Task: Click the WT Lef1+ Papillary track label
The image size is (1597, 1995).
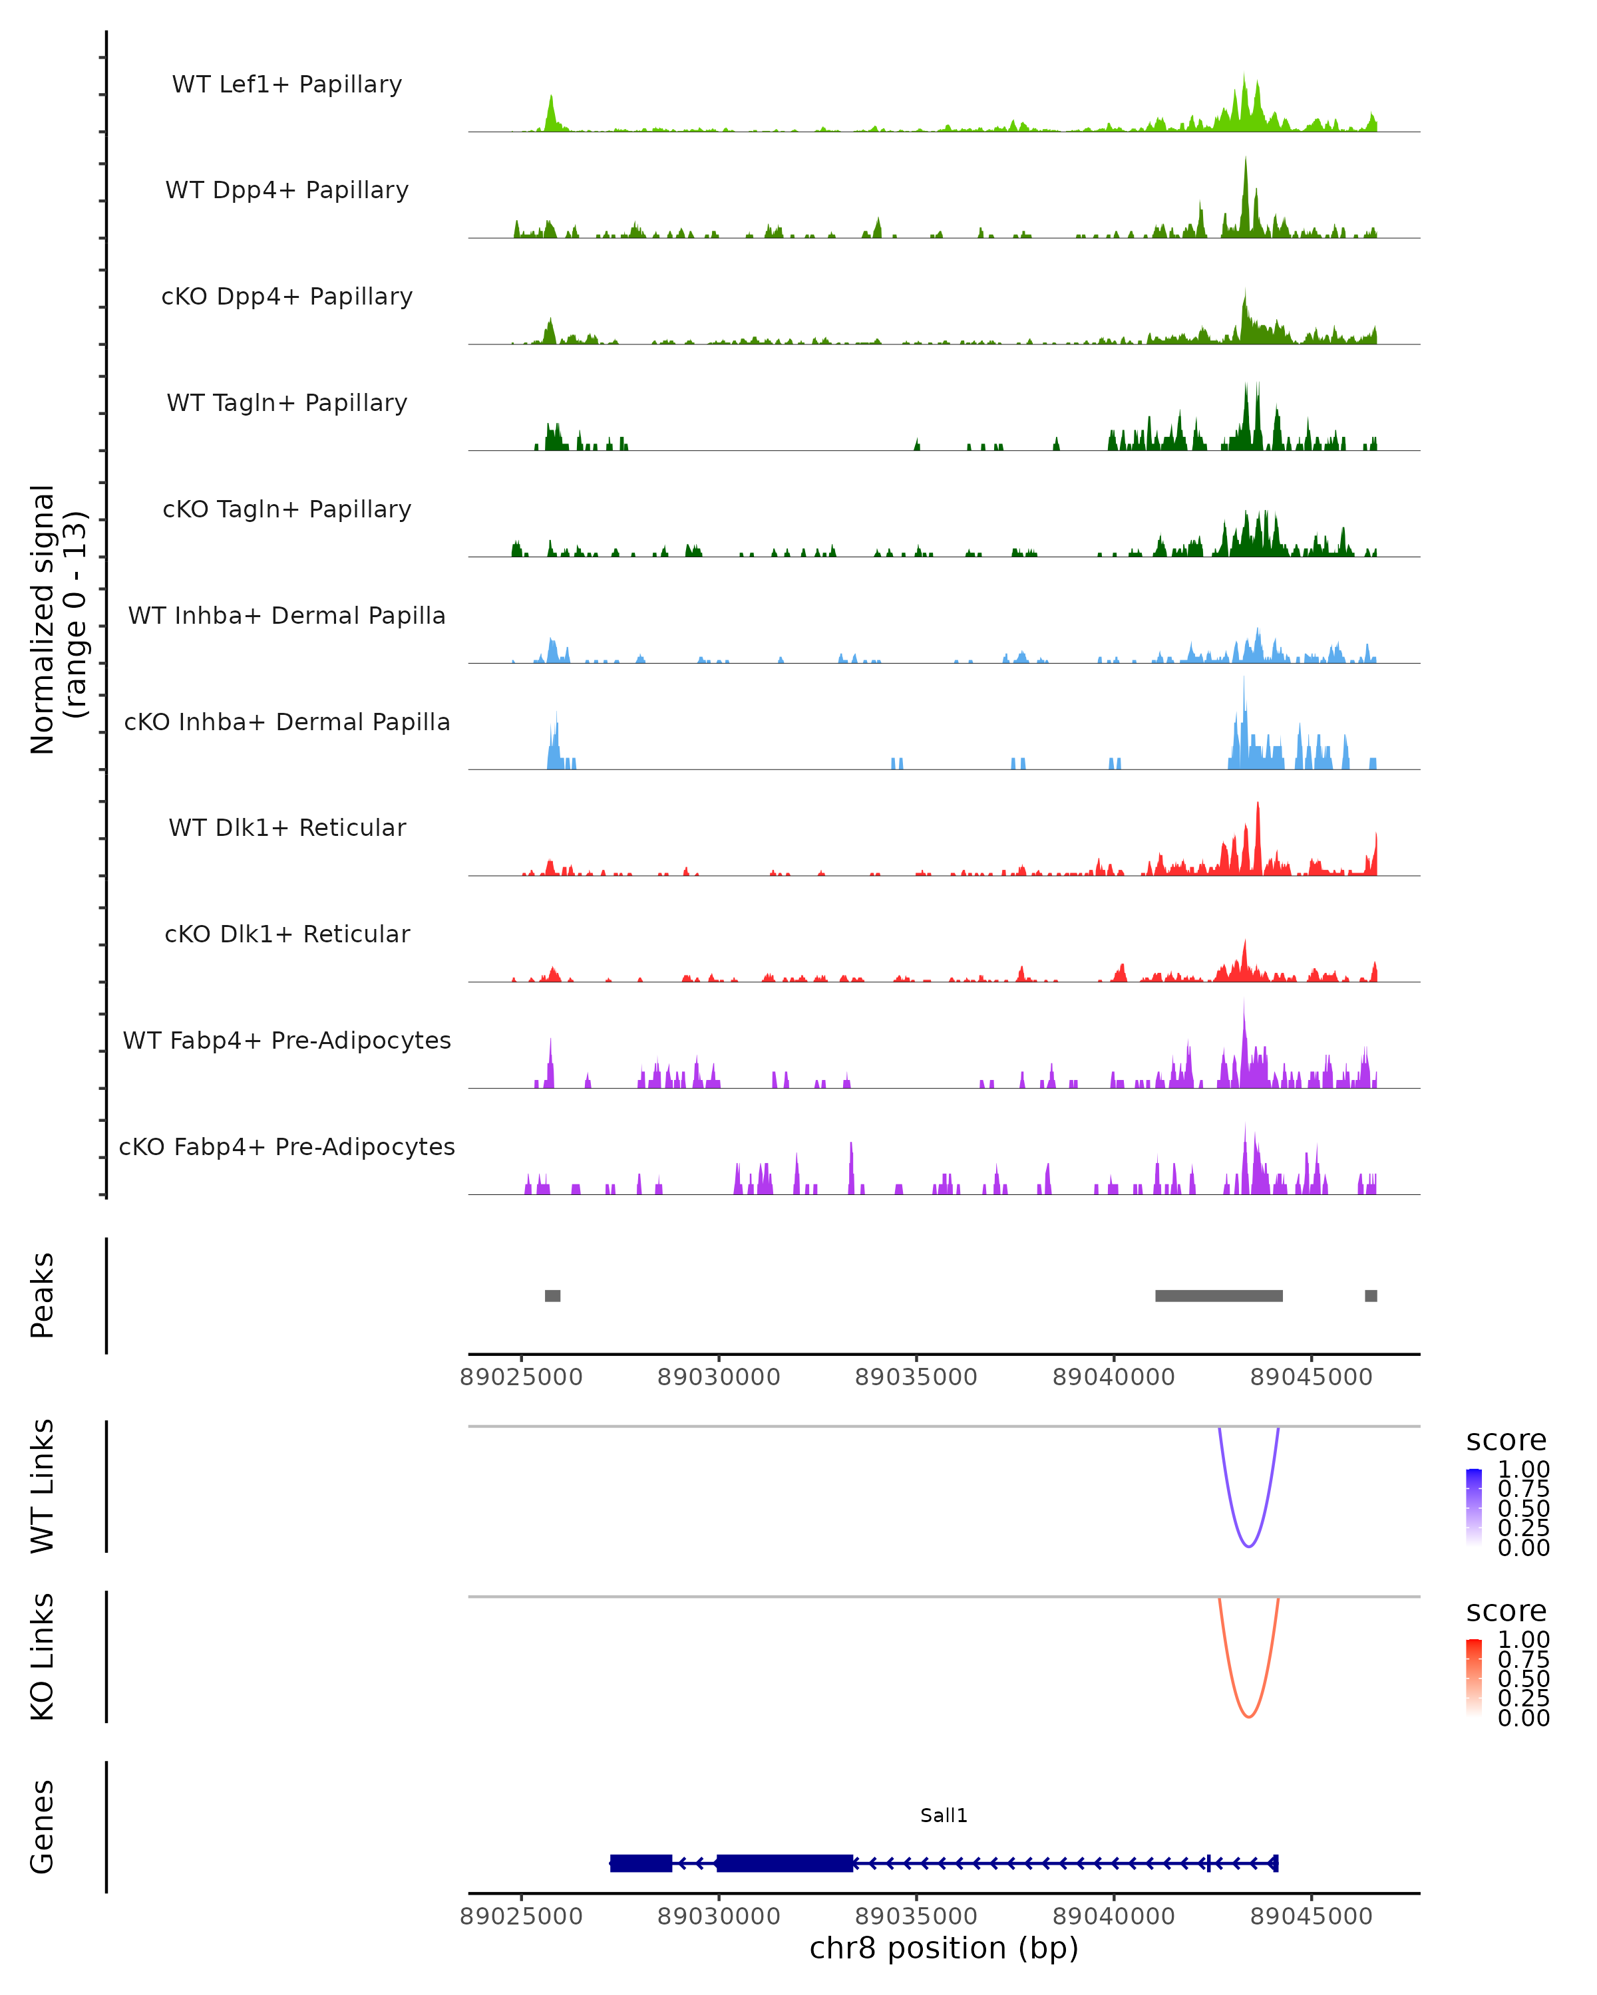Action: click(287, 84)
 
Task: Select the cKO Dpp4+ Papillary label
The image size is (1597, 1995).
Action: click(287, 296)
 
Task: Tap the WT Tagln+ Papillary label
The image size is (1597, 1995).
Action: click(287, 402)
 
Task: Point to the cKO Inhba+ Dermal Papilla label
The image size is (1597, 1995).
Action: click(287, 722)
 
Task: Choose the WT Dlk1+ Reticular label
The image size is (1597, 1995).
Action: click(287, 827)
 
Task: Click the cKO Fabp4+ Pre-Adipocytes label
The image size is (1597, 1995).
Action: click(287, 1146)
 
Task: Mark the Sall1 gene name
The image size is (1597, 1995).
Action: click(944, 1815)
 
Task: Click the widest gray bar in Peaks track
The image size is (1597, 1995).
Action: click(1218, 1295)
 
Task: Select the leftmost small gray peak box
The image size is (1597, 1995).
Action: click(553, 1295)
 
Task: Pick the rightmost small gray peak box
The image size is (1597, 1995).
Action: click(1371, 1295)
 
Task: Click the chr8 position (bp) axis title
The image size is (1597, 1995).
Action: click(944, 1948)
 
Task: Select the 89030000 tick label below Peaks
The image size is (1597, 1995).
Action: click(719, 1377)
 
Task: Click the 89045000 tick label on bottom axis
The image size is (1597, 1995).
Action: click(1311, 1915)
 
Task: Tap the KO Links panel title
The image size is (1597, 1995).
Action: click(43, 1657)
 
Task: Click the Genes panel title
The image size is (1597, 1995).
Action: click(43, 1827)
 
